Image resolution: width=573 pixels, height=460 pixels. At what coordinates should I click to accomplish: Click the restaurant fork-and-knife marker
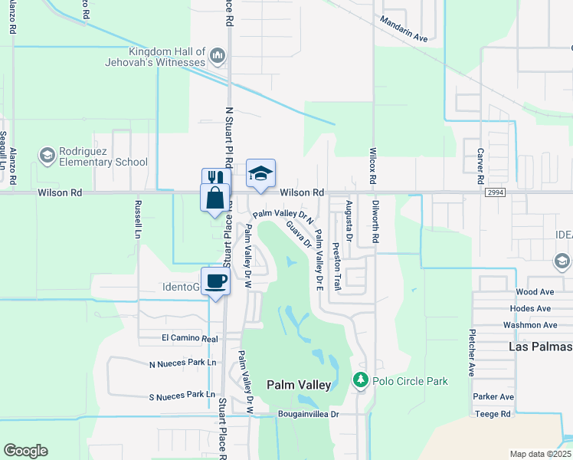tap(215, 179)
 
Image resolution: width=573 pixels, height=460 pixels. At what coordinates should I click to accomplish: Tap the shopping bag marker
tap(215, 197)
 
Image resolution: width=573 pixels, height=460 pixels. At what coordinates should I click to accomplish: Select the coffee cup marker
tap(215, 281)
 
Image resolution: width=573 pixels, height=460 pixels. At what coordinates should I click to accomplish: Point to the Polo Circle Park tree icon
tap(360, 379)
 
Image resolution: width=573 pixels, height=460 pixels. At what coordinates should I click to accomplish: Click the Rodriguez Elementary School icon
tap(47, 156)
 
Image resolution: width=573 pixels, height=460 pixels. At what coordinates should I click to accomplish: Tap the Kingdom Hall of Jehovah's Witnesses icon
tap(218, 55)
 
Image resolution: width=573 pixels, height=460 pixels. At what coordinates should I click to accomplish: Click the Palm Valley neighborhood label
tap(299, 385)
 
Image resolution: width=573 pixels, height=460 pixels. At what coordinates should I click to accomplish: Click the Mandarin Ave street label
tap(404, 36)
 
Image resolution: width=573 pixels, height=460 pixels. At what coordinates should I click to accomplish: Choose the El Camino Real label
tap(189, 338)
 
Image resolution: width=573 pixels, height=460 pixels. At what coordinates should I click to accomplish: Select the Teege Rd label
tap(493, 414)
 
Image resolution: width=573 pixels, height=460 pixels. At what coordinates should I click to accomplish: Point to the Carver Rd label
tap(480, 166)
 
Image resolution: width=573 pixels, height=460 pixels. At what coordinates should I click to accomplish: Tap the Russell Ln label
tap(139, 218)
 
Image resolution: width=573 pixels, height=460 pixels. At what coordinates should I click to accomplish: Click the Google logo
tap(25, 451)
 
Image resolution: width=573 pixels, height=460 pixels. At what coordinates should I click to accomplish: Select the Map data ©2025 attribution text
tap(541, 454)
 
